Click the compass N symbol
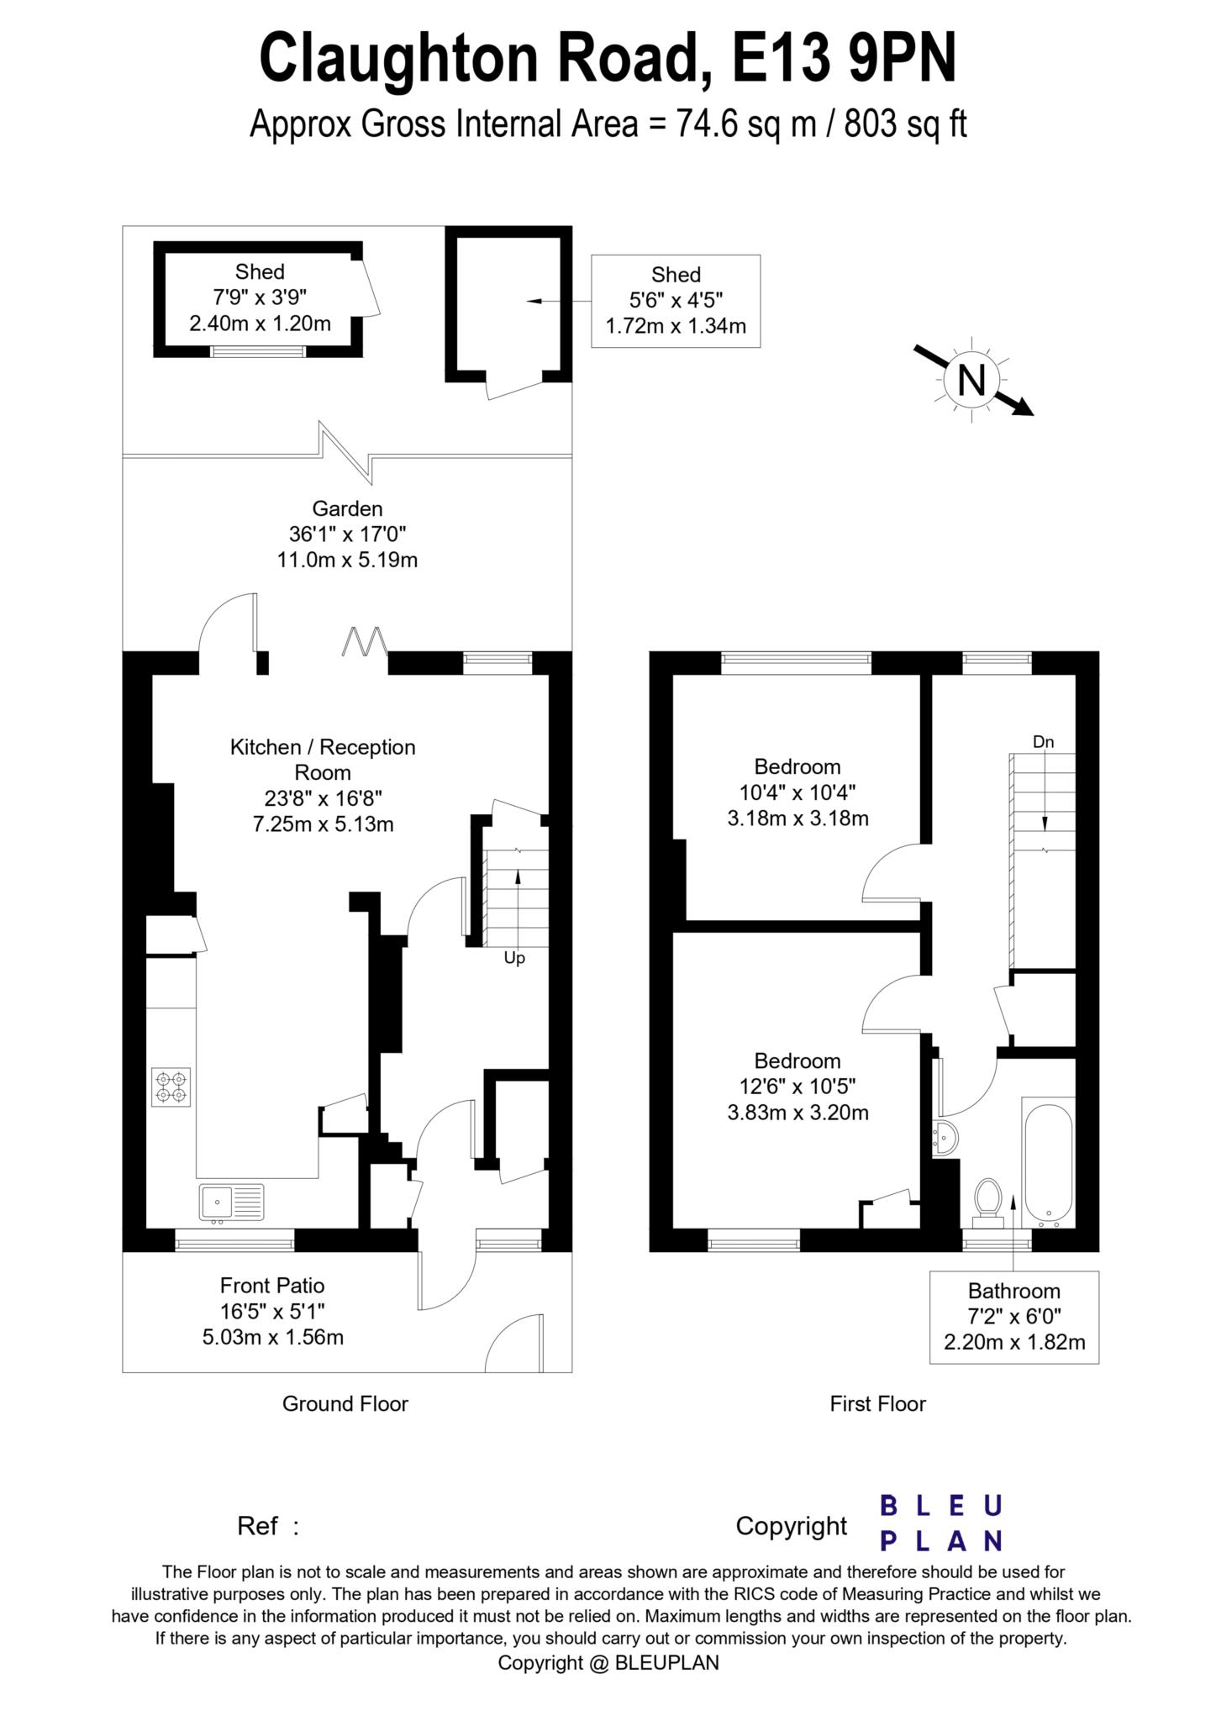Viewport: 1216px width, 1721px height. coord(972,381)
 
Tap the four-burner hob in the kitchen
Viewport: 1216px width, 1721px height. coord(171,1087)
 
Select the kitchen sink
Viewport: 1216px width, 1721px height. coord(231,1202)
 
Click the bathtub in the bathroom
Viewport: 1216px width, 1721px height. coord(1047,1162)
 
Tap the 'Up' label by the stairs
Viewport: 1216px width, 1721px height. coord(514,958)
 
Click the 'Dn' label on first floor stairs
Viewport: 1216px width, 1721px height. coord(1043,742)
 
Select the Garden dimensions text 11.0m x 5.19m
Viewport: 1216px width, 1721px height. coord(347,560)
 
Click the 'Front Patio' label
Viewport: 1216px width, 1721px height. coord(272,1286)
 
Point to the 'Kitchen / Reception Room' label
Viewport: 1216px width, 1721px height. coord(323,759)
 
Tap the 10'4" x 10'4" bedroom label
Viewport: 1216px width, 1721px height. coord(798,792)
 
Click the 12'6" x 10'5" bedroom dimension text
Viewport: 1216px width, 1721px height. coord(798,1087)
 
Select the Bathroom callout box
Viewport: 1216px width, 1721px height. coord(1013,1317)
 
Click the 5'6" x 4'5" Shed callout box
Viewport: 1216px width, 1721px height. coord(676,301)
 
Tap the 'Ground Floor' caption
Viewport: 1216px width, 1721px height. coord(345,1403)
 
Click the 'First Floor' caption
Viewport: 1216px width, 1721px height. coord(877,1403)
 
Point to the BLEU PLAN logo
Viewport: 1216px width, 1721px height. coord(941,1523)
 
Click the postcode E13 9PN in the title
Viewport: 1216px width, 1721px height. coord(844,59)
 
